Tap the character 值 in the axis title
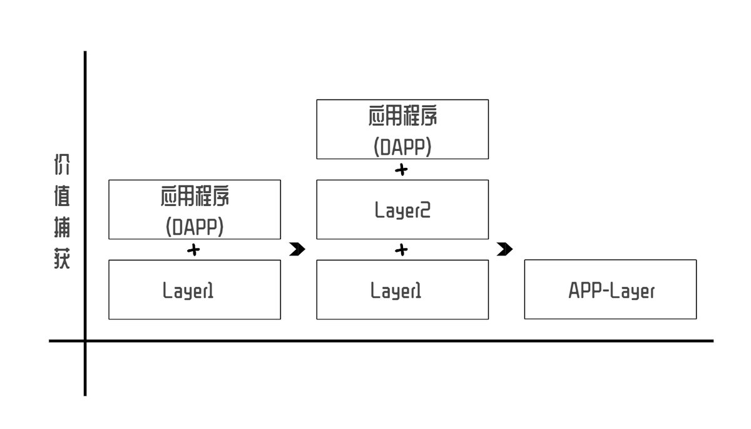61,195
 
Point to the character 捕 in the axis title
61,227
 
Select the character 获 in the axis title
61,258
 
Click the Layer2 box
402,210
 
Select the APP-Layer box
610,289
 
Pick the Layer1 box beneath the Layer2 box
402,290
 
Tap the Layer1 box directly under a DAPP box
195,290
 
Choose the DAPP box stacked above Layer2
402,129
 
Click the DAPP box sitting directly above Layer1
195,210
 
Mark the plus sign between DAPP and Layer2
402,169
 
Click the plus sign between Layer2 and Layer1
402,250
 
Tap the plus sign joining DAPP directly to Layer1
194,250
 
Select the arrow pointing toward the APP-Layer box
505,250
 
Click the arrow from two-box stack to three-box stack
297,250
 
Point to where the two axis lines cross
85,341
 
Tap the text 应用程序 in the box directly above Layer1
195,196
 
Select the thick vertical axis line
85,188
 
